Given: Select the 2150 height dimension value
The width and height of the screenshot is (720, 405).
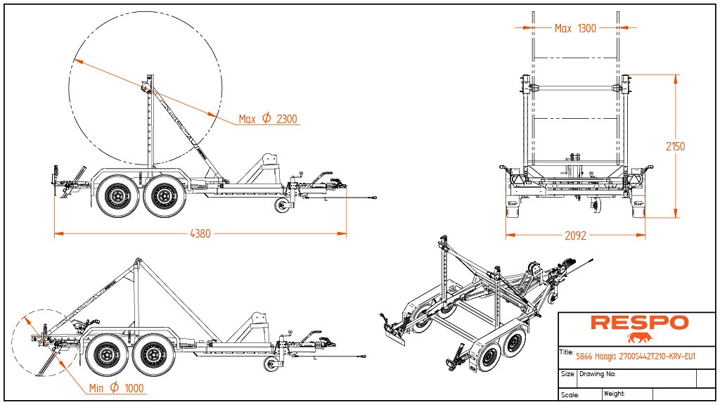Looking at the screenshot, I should click(675, 146).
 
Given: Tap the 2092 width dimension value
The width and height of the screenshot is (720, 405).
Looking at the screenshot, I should click(575, 236).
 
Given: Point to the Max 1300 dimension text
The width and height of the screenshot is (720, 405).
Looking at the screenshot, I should click(575, 28).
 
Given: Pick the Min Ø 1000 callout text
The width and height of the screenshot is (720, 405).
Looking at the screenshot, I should click(117, 388).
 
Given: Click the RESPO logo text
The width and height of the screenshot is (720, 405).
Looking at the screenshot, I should click(639, 323).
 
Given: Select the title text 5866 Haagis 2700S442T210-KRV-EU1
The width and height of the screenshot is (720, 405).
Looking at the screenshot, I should click(635, 356).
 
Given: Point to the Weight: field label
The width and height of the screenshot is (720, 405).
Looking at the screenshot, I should click(614, 394).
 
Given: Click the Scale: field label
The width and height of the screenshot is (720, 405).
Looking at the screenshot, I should click(570, 394).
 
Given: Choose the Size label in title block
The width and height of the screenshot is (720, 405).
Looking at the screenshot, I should click(567, 374).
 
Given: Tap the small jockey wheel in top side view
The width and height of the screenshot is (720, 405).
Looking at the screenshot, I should click(283, 206).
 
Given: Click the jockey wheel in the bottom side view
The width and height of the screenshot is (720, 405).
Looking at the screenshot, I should click(271, 364).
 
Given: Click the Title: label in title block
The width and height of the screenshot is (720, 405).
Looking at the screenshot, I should click(566, 352).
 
